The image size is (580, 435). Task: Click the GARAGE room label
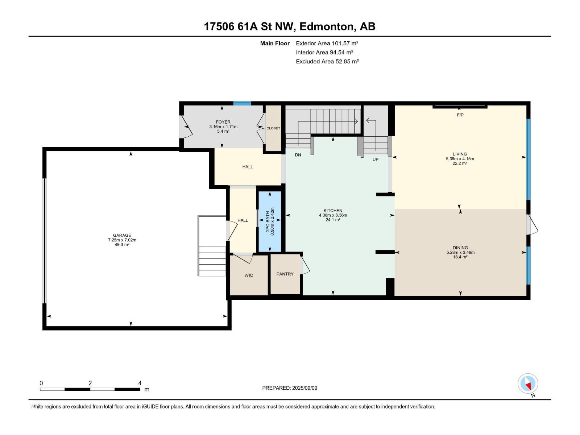point(122,235)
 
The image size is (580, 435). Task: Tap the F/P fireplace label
point(460,115)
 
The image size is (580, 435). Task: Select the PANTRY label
point(285,274)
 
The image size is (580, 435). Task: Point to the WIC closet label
point(249,275)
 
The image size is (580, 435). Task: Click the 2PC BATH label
point(268,221)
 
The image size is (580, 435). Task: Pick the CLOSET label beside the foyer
point(273,128)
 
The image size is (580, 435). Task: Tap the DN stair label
point(298,155)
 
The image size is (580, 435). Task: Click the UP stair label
point(375,159)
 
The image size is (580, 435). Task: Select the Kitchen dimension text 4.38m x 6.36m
point(333,215)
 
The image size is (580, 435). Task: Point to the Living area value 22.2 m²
point(460,163)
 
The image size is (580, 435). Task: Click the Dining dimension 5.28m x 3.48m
point(460,252)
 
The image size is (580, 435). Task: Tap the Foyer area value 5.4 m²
point(223,131)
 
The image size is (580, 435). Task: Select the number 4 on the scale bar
point(140,383)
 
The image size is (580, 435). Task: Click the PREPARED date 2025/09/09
point(304,388)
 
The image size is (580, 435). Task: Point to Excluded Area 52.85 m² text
point(327,62)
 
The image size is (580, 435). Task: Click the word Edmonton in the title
point(326,27)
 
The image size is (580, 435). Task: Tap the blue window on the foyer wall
point(242,103)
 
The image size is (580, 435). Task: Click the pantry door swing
point(304,265)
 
